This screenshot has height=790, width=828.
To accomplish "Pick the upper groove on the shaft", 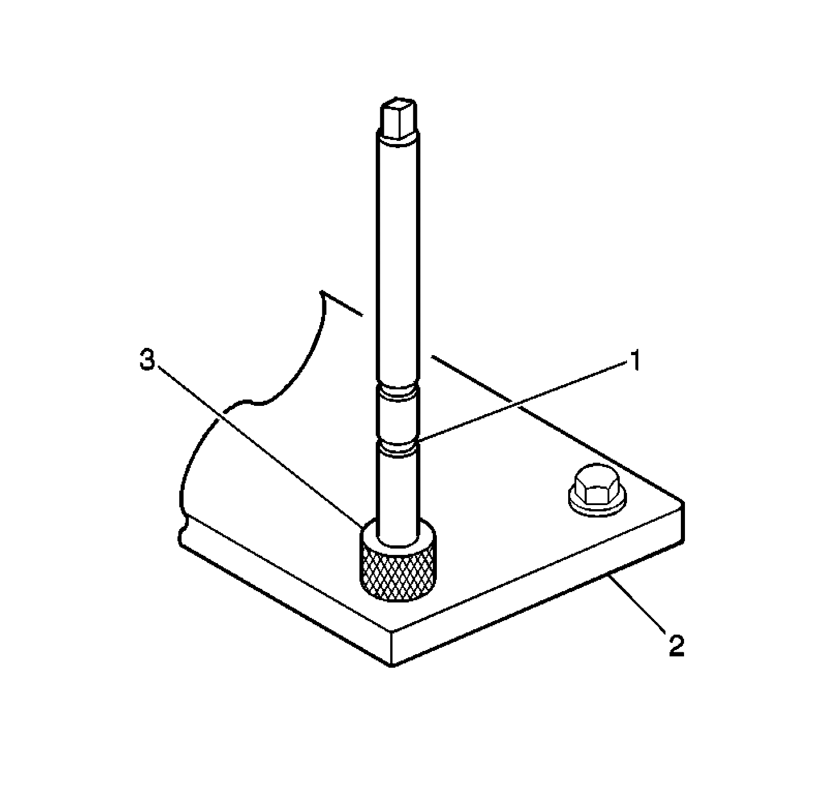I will coord(397,393).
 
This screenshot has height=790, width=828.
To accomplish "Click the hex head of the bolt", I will coord(597,489).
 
